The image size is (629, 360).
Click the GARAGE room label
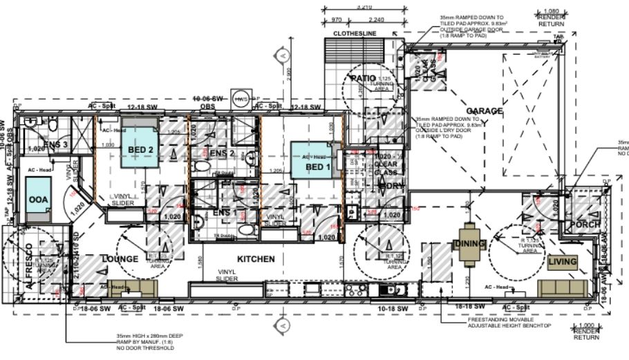pos(484,111)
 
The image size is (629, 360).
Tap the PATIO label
pos(363,78)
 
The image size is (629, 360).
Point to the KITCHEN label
pos(256,259)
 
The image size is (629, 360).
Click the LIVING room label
pos(562,262)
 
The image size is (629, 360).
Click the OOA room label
pos(37,199)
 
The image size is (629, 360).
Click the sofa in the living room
pos(563,287)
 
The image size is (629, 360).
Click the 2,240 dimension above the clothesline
pos(373,20)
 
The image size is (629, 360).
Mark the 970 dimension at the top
pos(337,20)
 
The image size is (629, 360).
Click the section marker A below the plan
pos(283,324)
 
